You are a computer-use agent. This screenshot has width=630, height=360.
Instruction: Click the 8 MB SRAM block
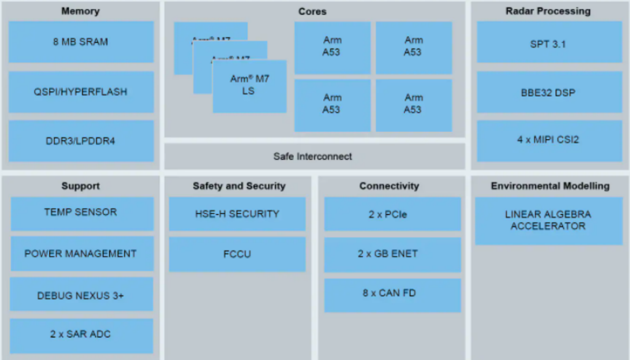(81, 42)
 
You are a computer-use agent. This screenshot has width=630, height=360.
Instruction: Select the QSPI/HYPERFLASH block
(81, 92)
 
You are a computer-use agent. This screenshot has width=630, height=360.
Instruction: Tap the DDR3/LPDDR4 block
(81, 141)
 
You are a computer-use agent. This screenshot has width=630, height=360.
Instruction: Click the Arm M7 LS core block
(249, 86)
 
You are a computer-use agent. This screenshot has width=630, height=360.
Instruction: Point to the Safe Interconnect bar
(314, 156)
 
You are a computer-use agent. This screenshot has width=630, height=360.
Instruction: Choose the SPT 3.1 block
(549, 43)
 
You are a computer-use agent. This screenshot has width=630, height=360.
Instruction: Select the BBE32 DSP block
(549, 92)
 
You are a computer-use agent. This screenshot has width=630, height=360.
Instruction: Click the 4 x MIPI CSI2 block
(549, 140)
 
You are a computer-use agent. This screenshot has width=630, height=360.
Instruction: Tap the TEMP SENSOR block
(81, 213)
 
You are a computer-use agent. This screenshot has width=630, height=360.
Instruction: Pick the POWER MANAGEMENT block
(81, 253)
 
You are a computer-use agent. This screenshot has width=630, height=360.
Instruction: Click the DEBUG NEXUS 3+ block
(81, 295)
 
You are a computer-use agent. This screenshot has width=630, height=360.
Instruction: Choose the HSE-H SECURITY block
(237, 214)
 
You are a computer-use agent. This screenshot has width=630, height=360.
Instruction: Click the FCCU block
(237, 254)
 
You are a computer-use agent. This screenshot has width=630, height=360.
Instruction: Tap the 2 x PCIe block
(392, 214)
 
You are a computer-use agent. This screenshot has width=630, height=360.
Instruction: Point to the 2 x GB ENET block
(392, 253)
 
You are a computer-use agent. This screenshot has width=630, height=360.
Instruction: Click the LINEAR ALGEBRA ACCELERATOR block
(548, 220)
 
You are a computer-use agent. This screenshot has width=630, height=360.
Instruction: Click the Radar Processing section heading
(548, 11)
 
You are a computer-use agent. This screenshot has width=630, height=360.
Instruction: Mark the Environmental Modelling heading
(550, 186)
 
